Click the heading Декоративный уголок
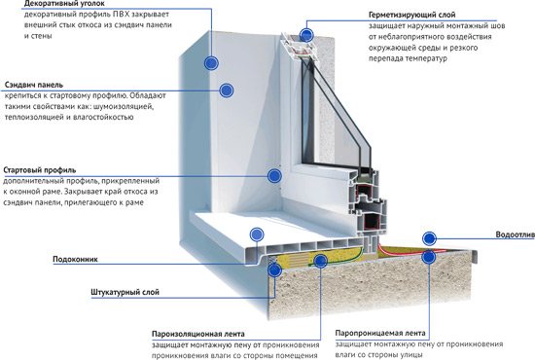coord(64,4)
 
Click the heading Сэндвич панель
coord(34,85)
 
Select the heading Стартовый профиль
coord(40,170)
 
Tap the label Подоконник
coord(75,259)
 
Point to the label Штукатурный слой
coord(125,293)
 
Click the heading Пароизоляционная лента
coord(198,334)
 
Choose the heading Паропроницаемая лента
coord(380,333)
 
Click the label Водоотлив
coord(515,234)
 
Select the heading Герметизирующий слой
coord(411,15)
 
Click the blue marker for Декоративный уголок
coord(211,63)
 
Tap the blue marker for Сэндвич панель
coord(226,90)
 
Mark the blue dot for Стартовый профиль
coord(274,176)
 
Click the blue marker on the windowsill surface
coord(257,234)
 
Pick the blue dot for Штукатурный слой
coord(274,270)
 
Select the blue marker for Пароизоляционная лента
coord(320,261)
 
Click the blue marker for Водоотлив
coord(429,238)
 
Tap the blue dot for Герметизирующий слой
coord(306,35)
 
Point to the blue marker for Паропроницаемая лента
coord(429,257)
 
